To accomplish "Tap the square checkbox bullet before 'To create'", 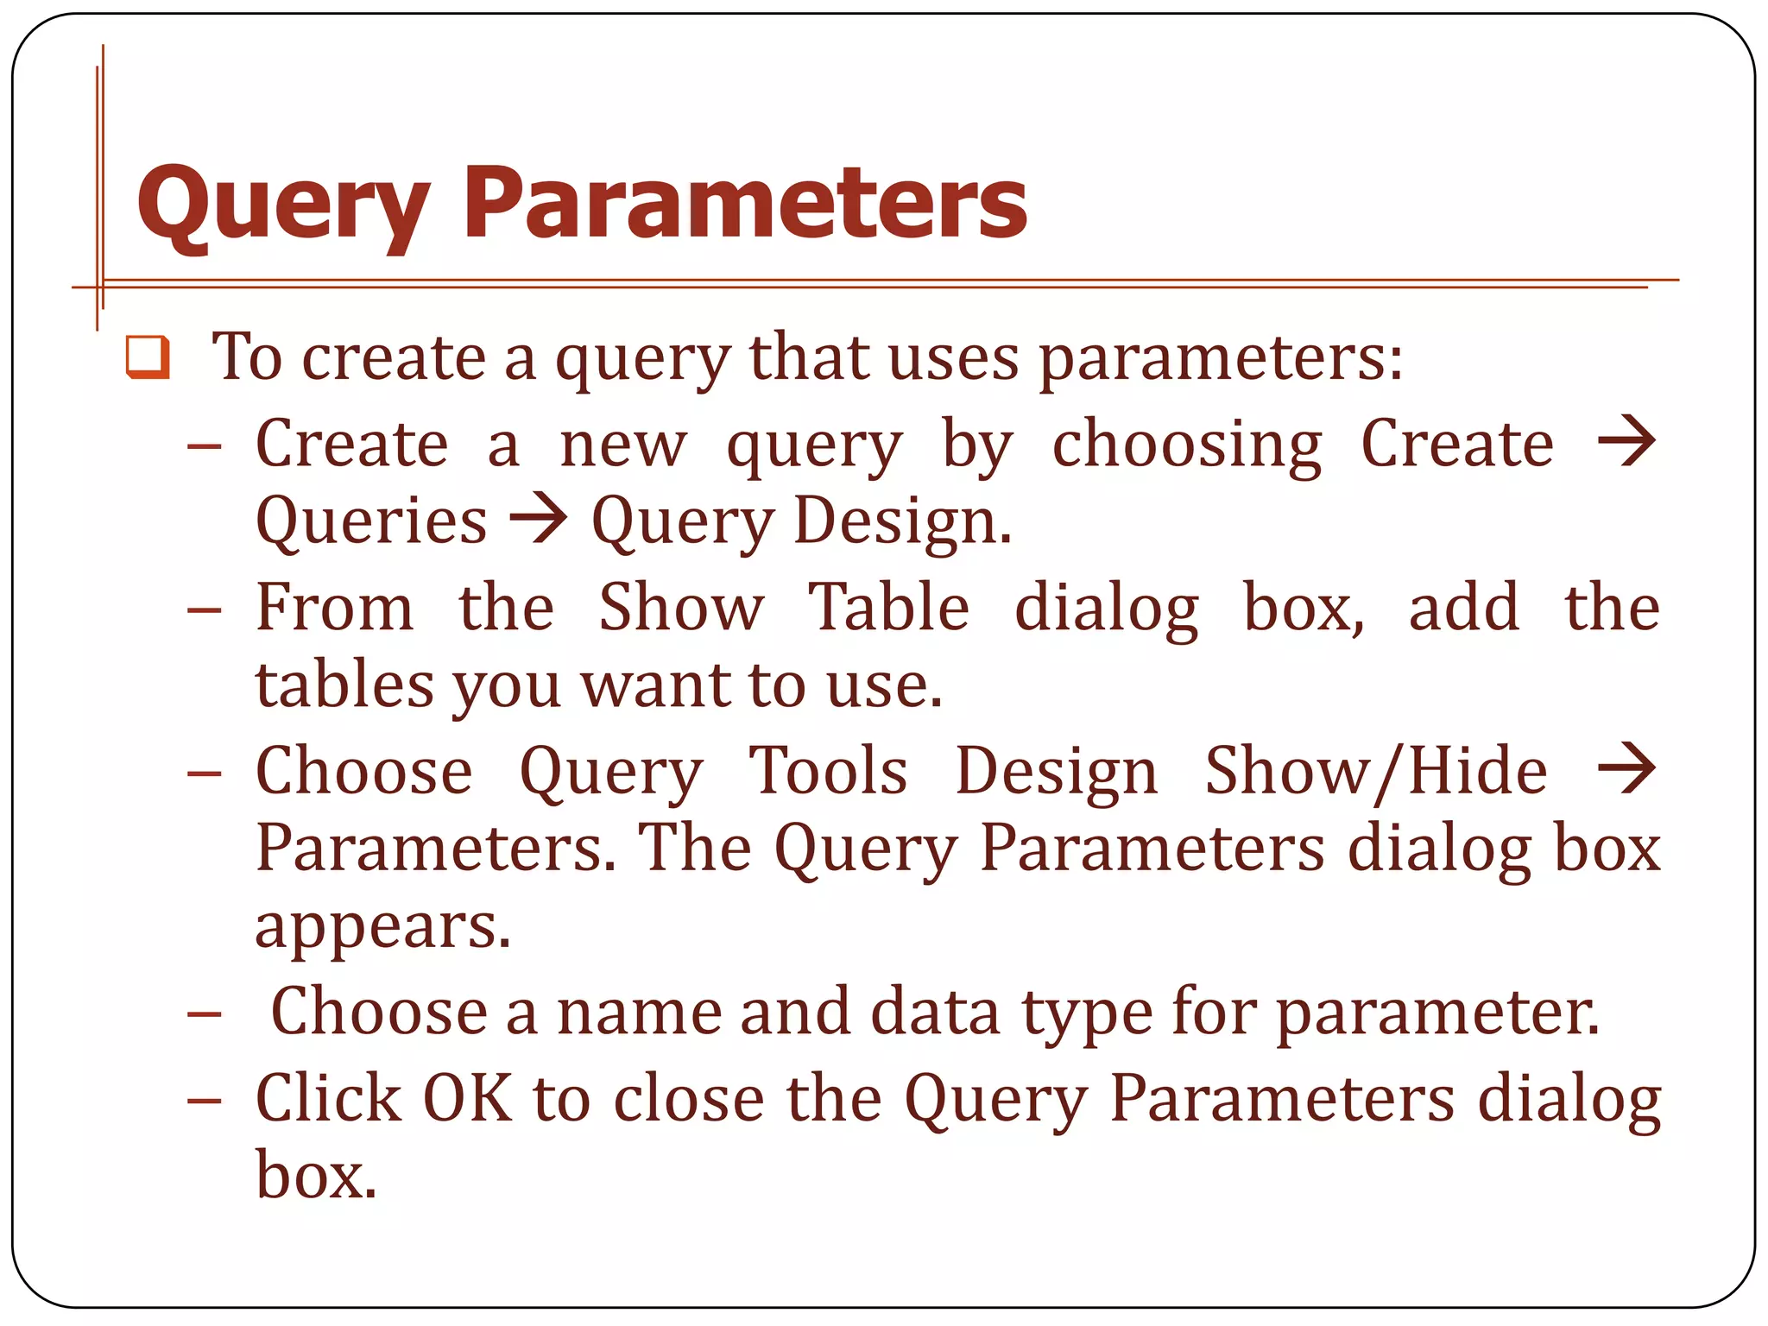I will pos(148,357).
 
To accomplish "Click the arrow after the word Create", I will pos(1626,442).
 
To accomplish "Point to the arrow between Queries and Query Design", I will pos(539,520).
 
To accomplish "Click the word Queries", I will pos(371,521).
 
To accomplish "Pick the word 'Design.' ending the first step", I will pos(902,521).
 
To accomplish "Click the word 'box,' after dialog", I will pos(1304,608).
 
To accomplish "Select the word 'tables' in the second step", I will pos(344,685).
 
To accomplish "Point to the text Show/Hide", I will pos(1376,771).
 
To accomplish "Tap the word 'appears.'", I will pos(383,928).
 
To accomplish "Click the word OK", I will pos(467,1098).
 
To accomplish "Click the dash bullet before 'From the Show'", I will pos(205,609).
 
